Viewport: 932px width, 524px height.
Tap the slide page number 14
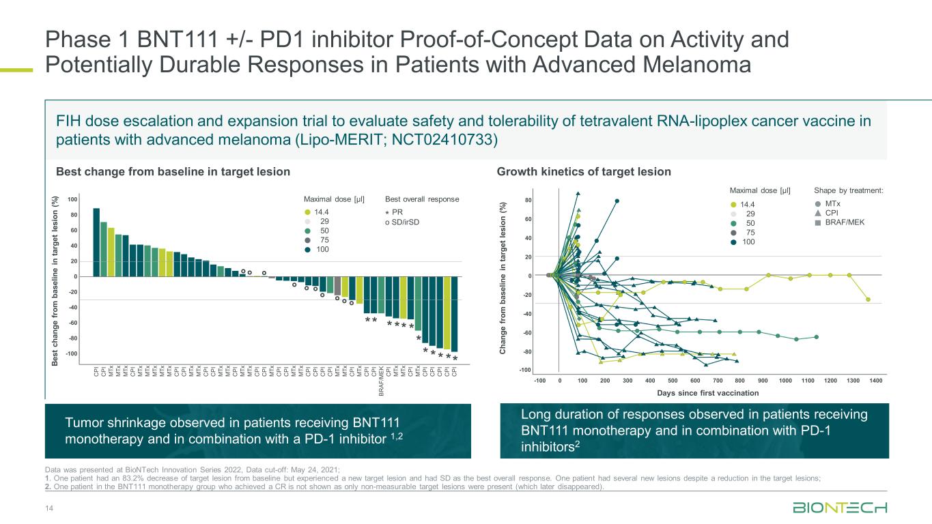click(x=48, y=509)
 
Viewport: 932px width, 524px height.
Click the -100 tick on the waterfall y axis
click(x=71, y=353)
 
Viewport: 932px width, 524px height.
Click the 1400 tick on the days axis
click(x=875, y=381)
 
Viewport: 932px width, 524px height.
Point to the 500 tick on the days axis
click(x=673, y=381)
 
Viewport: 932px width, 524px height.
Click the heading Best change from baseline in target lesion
click(x=173, y=171)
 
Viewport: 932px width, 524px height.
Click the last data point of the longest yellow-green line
click(x=868, y=300)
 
